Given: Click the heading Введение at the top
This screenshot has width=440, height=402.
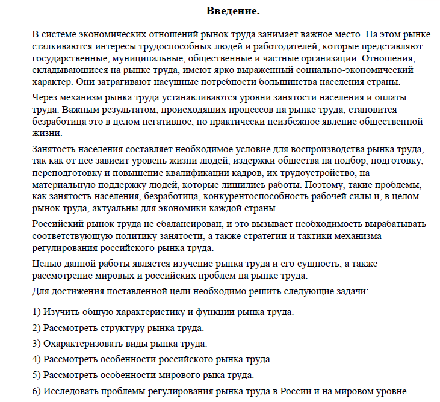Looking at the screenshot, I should [233, 11].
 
